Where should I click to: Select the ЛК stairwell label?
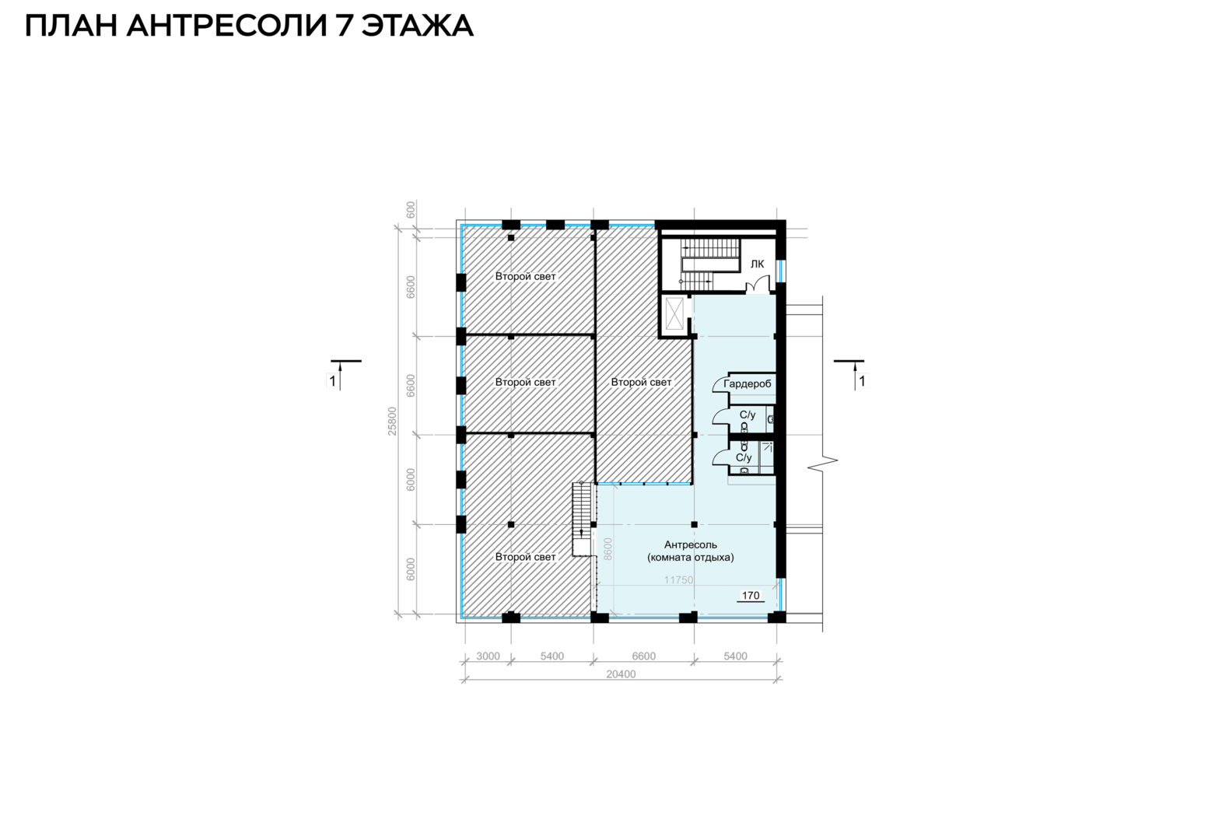coord(757,264)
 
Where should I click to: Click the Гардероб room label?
coord(747,384)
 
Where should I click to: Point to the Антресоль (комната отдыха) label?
coord(690,551)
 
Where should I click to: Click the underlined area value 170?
coord(750,596)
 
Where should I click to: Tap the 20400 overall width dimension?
coord(621,674)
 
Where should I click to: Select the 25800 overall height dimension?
coord(393,421)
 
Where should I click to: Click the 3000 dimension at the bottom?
coord(488,656)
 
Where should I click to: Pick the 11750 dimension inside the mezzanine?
coord(678,580)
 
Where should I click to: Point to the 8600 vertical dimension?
coord(608,549)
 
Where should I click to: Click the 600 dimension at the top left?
coord(411,209)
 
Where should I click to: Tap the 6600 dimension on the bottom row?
coord(644,656)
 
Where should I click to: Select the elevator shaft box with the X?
coord(674,313)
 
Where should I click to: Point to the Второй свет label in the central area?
coord(641,382)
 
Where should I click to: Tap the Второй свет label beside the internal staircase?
coord(525,557)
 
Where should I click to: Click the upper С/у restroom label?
coord(748,415)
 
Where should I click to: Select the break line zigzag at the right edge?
coord(822,461)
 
